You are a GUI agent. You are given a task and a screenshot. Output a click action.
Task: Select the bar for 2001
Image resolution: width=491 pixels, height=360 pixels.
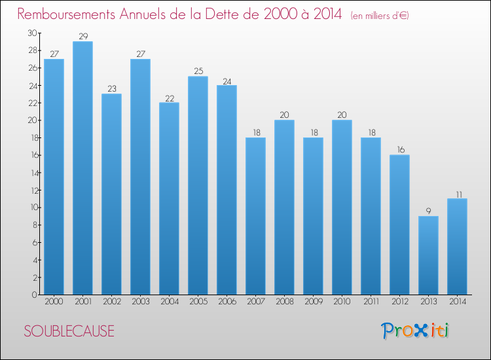point(82,168)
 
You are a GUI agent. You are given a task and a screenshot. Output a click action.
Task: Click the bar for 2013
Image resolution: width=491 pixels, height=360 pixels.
point(428,255)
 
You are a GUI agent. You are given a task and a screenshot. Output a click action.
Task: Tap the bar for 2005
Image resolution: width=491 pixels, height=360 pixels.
point(198,186)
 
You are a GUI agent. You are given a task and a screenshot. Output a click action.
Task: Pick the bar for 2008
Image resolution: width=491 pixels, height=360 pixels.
point(284,207)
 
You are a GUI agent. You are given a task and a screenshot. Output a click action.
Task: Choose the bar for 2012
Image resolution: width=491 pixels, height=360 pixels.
point(399,225)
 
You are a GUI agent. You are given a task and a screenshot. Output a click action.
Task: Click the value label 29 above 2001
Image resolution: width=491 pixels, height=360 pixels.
point(83,36)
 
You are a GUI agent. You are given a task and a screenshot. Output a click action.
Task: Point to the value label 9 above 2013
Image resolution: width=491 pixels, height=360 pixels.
point(428,211)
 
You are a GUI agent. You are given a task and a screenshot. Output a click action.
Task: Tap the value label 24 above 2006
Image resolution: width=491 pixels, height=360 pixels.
point(227,81)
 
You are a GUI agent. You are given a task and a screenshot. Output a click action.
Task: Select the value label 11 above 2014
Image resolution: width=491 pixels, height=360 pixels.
point(459,194)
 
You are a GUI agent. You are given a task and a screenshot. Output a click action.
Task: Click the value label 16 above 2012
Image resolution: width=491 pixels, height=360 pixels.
point(401,150)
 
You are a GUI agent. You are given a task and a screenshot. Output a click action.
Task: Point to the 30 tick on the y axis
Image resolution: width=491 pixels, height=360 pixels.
point(32,33)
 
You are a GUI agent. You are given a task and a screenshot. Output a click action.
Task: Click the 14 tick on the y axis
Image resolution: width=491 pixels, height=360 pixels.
point(33,173)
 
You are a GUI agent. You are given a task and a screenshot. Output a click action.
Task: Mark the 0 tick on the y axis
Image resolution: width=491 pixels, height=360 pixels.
point(35,295)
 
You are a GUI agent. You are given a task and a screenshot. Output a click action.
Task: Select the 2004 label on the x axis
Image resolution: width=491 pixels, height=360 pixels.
point(170,302)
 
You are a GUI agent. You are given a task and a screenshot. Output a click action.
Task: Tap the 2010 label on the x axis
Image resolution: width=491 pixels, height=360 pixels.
point(342,302)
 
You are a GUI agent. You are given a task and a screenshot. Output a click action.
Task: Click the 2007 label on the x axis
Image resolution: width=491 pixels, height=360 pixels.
point(256,302)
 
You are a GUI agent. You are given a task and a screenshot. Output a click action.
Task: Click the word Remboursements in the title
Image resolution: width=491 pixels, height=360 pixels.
point(66,14)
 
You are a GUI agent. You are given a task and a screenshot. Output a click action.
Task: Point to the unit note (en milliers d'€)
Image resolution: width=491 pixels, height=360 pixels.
point(380,16)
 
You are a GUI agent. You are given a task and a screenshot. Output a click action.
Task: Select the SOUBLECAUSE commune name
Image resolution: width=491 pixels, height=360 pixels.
point(69,331)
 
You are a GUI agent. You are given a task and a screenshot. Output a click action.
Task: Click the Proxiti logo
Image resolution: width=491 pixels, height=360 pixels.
point(415,331)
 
